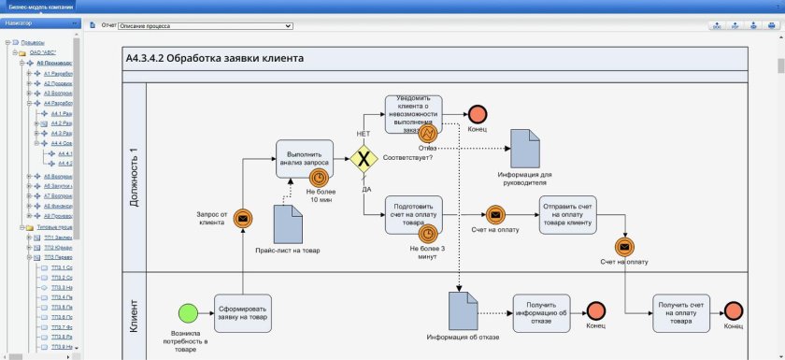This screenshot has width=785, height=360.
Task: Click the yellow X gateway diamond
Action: pyautogui.click(x=364, y=158)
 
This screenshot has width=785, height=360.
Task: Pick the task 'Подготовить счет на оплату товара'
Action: pyautogui.click(x=412, y=215)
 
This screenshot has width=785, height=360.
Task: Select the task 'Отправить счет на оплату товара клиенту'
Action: pyautogui.click(x=566, y=215)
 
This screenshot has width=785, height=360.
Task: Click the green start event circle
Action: pyautogui.click(x=189, y=313)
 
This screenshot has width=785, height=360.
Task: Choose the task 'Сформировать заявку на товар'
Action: pyautogui.click(x=242, y=313)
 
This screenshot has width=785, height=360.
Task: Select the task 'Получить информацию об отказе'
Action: pyautogui.click(x=541, y=313)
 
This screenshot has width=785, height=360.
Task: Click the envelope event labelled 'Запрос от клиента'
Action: pyautogui.click(x=242, y=219)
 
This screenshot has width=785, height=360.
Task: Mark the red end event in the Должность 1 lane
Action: pyautogui.click(x=478, y=113)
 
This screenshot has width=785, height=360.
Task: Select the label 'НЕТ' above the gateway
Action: pyautogui.click(x=364, y=134)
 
